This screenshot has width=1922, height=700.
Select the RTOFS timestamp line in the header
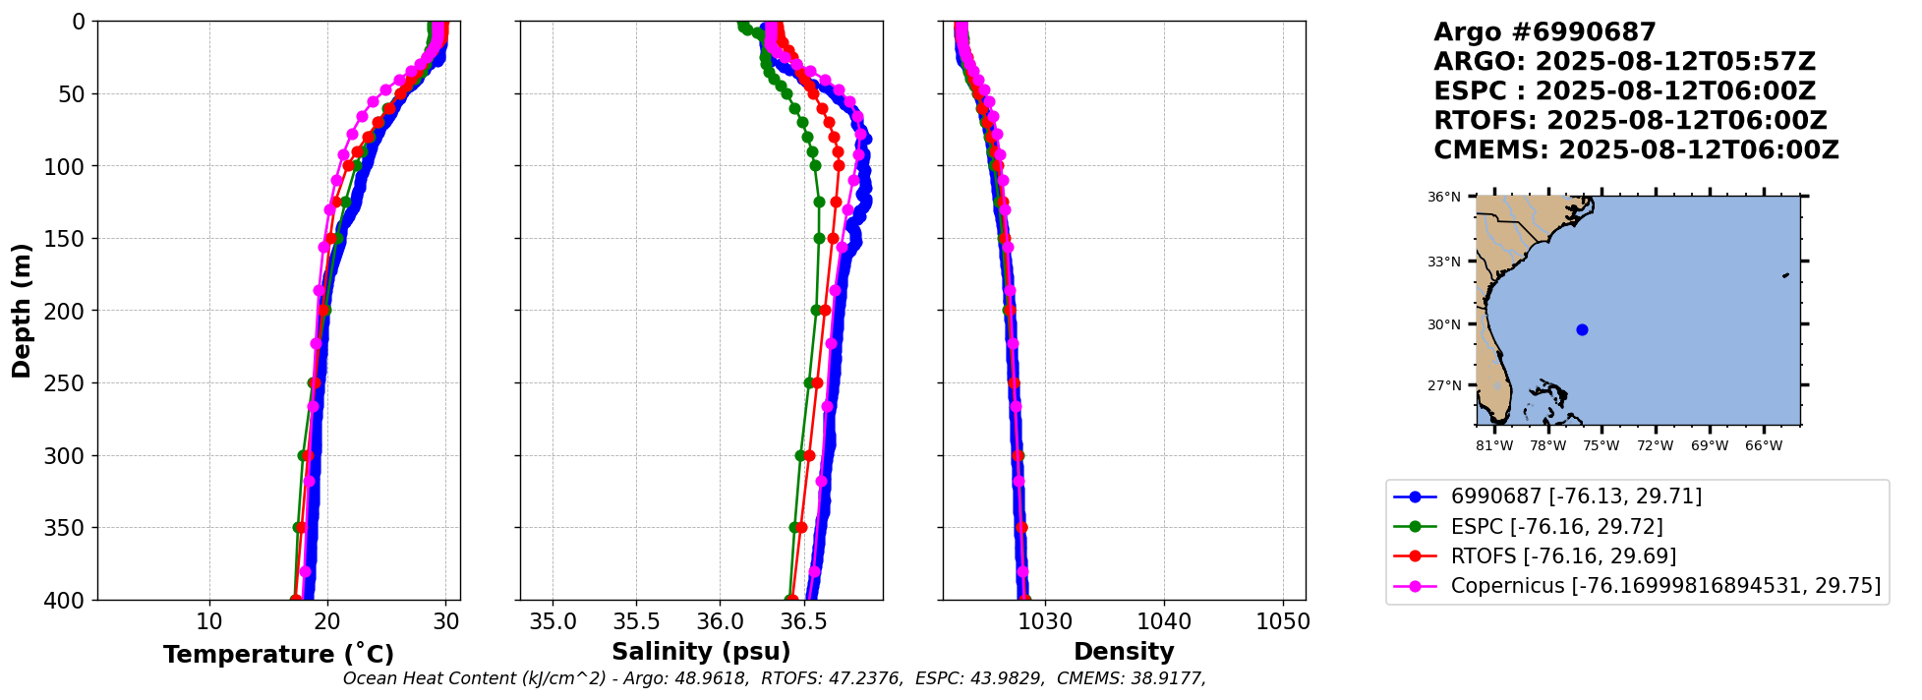(1629, 121)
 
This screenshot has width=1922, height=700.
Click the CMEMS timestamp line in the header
(1635, 150)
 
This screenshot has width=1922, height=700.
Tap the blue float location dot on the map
(1582, 329)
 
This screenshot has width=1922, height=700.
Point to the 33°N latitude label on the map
(1443, 262)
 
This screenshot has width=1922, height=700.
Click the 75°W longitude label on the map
(1602, 446)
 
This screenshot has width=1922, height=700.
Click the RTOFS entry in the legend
(1563, 556)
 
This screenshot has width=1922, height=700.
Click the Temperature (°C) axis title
(278, 655)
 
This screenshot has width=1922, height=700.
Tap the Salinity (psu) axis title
(701, 652)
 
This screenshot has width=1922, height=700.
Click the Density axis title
(1124, 652)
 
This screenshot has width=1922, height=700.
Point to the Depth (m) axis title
(22, 311)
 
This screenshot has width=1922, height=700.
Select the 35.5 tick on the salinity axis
(636, 621)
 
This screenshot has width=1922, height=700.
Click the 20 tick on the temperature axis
(327, 621)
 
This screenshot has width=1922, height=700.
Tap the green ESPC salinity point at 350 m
(793, 527)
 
